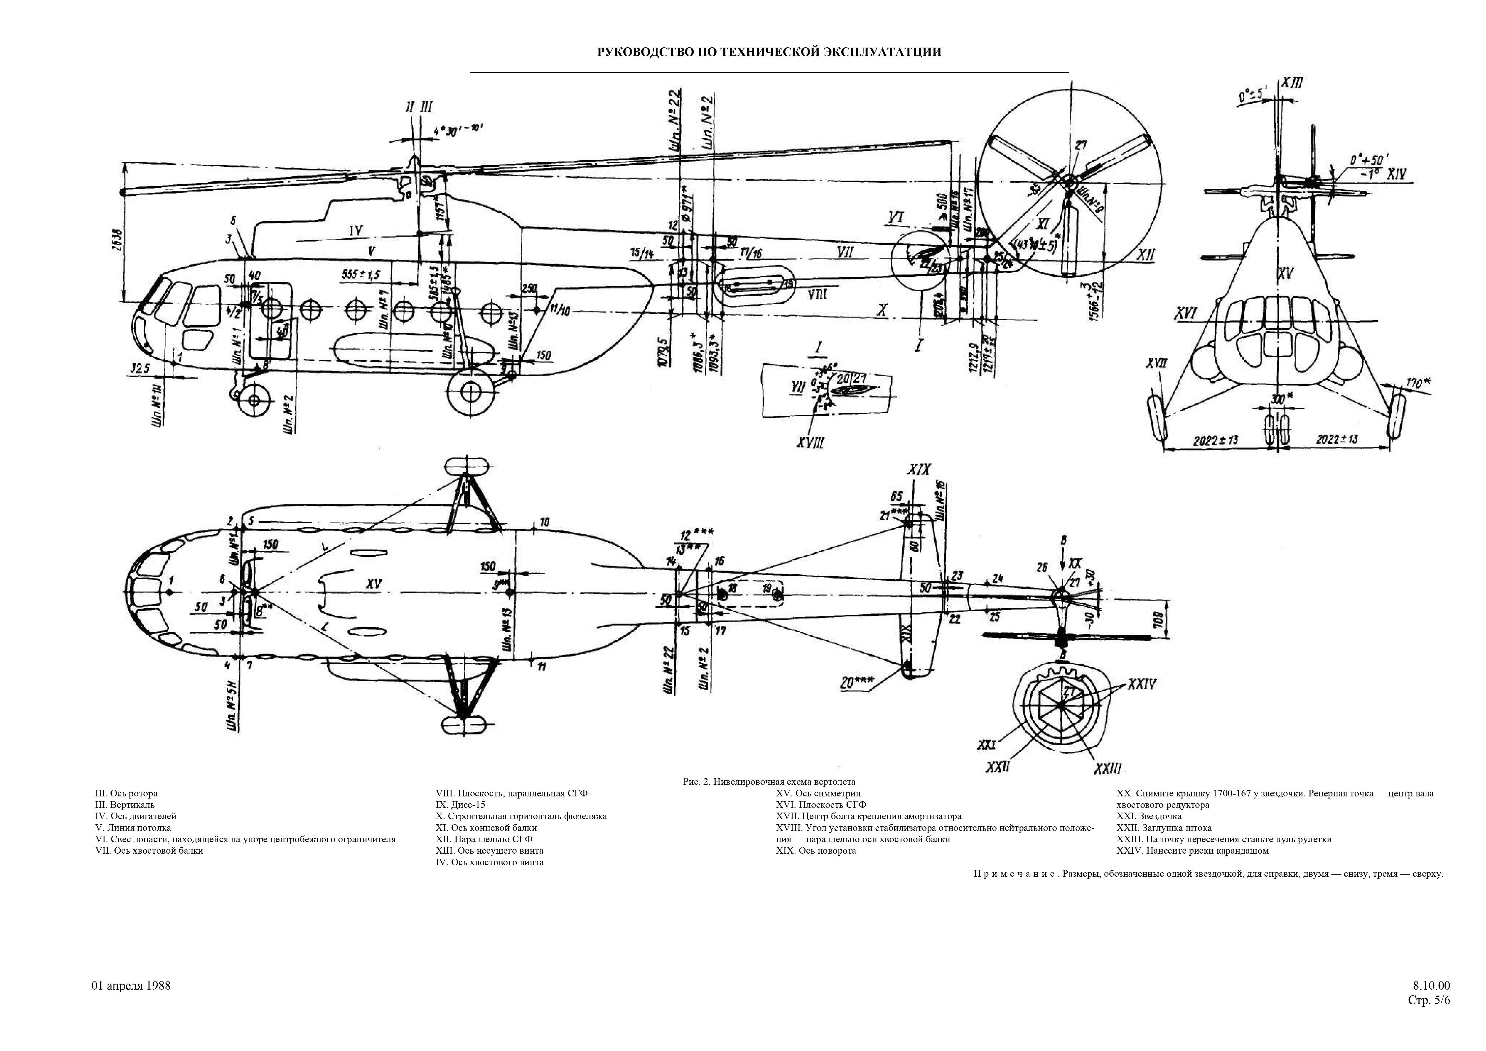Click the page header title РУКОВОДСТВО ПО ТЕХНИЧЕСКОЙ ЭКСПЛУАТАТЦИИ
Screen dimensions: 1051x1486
coord(768,52)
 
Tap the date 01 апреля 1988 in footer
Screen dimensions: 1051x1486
coord(131,986)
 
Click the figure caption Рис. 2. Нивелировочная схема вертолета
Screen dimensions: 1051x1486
coord(769,782)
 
